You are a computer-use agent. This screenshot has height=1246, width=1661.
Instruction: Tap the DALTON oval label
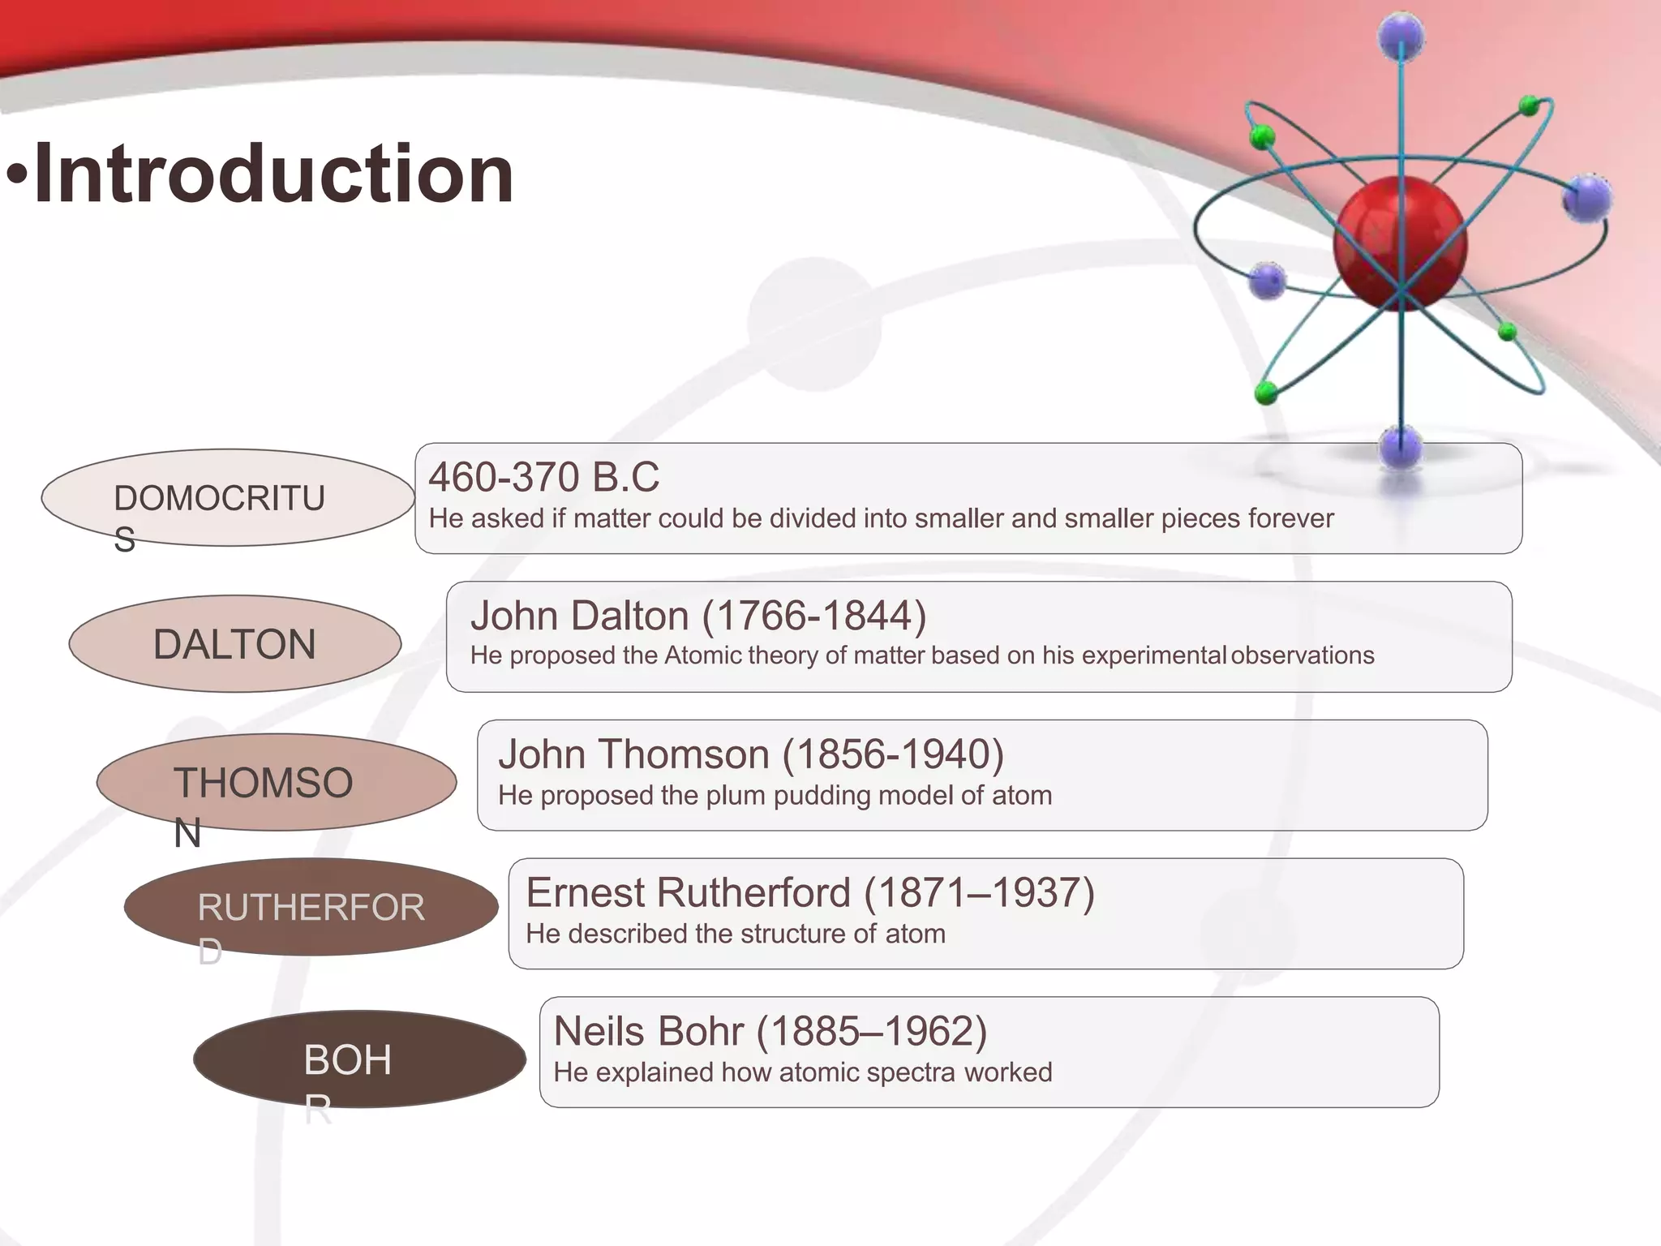[234, 644]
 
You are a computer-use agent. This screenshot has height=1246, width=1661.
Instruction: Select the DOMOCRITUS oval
[227, 498]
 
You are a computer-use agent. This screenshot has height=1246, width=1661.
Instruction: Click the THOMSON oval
[276, 782]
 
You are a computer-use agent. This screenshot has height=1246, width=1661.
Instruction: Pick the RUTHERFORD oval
[311, 907]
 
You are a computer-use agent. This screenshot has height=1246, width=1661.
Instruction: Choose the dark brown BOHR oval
[359, 1059]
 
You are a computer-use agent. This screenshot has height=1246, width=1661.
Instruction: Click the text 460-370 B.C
[543, 477]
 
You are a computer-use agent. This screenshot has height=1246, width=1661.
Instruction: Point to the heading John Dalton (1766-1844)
[698, 616]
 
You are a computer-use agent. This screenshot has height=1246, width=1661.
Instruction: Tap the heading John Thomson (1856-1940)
[751, 754]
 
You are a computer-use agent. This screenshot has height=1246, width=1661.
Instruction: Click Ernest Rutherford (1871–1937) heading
[810, 893]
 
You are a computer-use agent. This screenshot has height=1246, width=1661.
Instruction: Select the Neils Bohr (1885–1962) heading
[770, 1032]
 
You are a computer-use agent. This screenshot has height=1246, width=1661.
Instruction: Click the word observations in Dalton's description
[1303, 655]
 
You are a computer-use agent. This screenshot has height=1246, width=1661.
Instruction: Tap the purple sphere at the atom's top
[1401, 37]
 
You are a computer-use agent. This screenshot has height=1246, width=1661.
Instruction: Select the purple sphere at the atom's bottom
[1401, 447]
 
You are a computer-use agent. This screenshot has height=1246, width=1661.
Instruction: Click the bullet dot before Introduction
[17, 174]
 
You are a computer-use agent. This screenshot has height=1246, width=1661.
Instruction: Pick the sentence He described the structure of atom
[736, 934]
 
